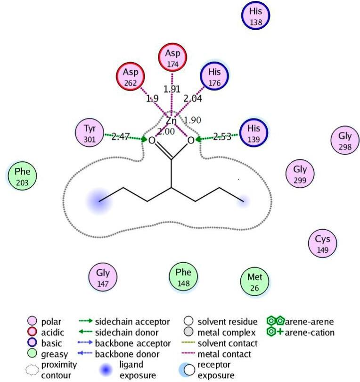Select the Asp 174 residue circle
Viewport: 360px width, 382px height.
pyautogui.click(x=173, y=58)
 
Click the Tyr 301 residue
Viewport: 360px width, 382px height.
pyautogui.click(x=90, y=133)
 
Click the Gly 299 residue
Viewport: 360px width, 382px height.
pyautogui.click(x=300, y=175)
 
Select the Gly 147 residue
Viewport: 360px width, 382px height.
pyautogui.click(x=103, y=278)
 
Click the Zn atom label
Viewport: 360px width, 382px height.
pyautogui.click(x=171, y=121)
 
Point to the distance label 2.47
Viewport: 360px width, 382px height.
pyautogui.click(x=121, y=137)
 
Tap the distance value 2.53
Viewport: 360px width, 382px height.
pyautogui.click(x=222, y=137)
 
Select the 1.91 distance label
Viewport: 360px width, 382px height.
pyautogui.click(x=172, y=89)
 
